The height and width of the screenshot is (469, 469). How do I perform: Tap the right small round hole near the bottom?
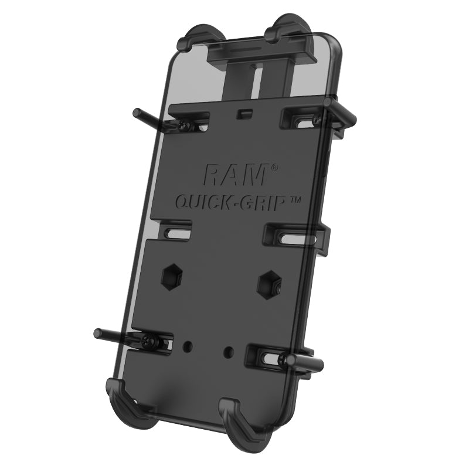[228, 352]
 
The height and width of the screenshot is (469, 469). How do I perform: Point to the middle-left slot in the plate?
[175, 230]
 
